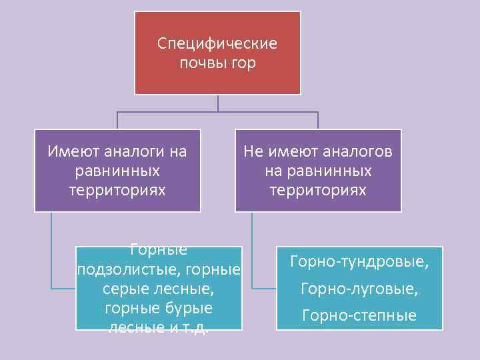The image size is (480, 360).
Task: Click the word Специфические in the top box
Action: (x=217, y=44)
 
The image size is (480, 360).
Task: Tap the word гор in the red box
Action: (x=243, y=64)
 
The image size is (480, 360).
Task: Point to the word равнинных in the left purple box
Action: (x=117, y=171)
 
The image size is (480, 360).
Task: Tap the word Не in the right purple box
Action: (x=253, y=152)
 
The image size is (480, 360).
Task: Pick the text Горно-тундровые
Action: (x=359, y=261)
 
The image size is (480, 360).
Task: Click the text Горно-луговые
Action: (x=359, y=289)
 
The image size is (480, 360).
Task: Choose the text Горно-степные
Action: (x=359, y=315)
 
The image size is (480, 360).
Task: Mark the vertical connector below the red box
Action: (x=218, y=103)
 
